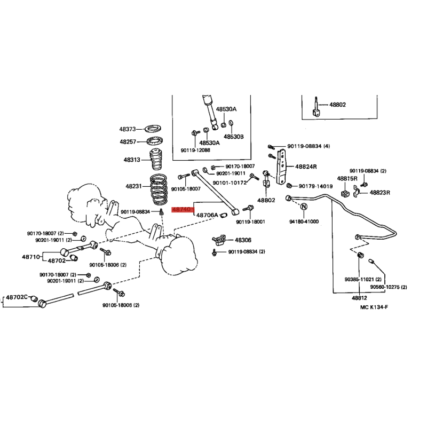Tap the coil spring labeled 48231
click(x=159, y=189)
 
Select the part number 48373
click(x=128, y=129)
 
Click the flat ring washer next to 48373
click(x=153, y=128)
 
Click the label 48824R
click(x=306, y=167)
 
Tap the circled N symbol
click(x=304, y=207)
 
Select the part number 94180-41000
click(x=304, y=222)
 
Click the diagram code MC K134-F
click(x=374, y=307)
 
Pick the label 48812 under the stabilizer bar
click(x=359, y=298)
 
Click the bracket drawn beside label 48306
click(x=219, y=239)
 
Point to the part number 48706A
click(x=207, y=215)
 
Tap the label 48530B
click(x=234, y=137)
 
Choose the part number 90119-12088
click(x=195, y=150)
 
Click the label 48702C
click(x=17, y=297)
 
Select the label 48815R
click(x=347, y=179)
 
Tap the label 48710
click(x=31, y=257)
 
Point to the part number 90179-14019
click(x=315, y=186)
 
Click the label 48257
click(x=128, y=141)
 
